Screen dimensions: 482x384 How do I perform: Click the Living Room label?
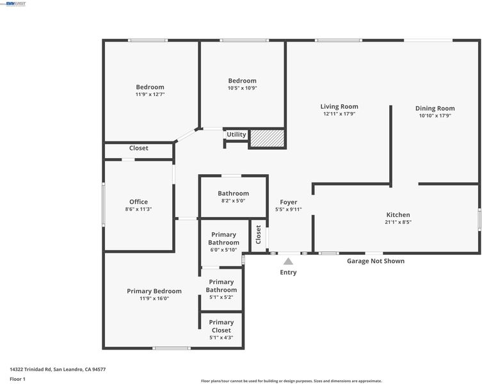339,107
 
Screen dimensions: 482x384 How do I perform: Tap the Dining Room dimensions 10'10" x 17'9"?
435,116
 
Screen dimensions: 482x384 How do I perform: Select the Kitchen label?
398,214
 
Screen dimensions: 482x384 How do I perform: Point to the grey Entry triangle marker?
288,261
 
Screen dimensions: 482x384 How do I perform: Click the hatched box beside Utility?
267,138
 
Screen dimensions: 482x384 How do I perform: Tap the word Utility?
236,134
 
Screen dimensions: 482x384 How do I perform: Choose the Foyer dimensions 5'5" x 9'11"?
288,209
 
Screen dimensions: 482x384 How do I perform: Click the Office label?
138,202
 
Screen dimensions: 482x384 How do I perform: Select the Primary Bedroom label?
154,291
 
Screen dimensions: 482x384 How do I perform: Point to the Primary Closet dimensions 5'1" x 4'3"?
221,337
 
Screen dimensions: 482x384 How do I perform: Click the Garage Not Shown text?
376,261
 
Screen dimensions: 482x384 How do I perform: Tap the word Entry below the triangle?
288,273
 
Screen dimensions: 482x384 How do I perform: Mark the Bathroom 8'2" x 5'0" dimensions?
233,201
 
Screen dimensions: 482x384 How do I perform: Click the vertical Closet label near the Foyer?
258,235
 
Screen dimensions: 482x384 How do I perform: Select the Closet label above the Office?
139,148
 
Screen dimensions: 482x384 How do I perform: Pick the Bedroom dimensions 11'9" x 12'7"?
150,94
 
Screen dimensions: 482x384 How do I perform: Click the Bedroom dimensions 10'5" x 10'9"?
242,88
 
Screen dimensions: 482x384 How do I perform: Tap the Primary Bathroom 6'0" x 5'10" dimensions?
223,250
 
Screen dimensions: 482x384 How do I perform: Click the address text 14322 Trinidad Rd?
31,369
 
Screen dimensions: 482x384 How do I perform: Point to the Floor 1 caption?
17,379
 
